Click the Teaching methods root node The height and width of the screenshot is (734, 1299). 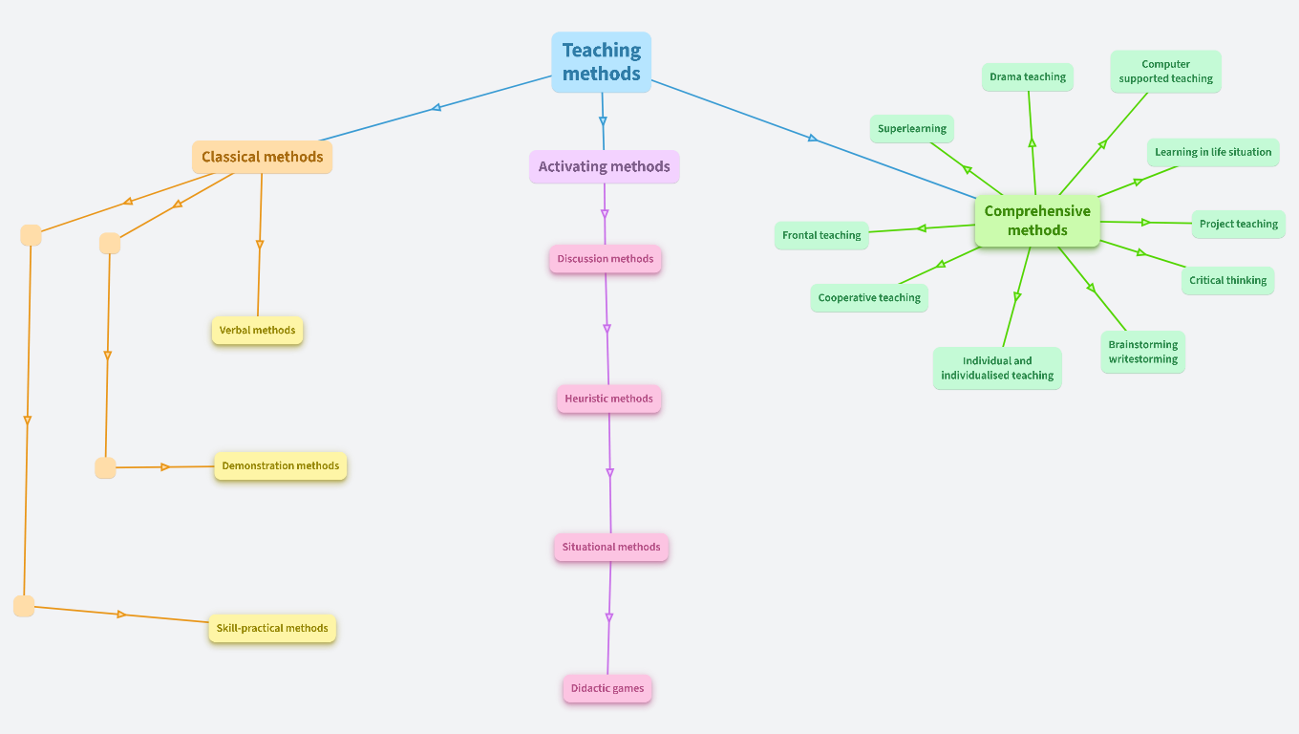[601, 62]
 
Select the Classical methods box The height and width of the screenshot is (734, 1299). [262, 157]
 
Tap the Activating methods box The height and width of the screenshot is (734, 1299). [604, 166]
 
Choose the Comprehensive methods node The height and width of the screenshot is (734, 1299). [1037, 221]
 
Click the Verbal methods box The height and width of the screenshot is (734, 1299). [257, 331]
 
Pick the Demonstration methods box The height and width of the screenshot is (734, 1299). [280, 466]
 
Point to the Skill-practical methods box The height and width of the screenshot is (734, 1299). [272, 629]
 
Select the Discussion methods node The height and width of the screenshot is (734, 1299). [606, 259]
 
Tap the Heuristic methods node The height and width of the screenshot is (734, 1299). [608, 399]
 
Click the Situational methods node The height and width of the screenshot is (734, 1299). [611, 548]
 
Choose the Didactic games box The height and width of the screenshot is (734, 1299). [607, 689]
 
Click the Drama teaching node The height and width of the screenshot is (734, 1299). [1028, 77]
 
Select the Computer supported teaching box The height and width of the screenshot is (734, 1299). [1165, 72]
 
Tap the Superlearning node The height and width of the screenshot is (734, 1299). [912, 129]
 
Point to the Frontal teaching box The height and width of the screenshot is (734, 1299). [821, 236]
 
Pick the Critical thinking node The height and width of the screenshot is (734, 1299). [1227, 281]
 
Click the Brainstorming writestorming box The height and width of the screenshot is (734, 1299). [1142, 352]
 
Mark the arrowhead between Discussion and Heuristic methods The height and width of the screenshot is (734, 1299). [607, 329]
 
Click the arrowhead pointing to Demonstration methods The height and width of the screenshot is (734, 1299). [165, 467]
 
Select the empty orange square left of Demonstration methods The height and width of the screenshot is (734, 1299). [105, 468]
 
